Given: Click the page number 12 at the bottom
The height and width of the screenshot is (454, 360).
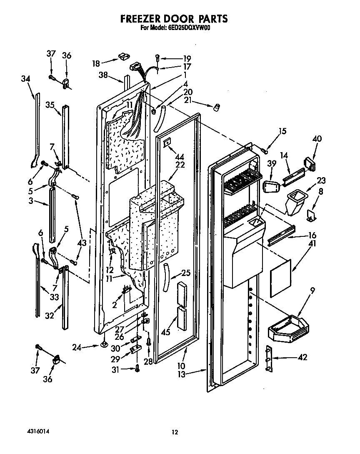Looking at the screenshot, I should [175, 432].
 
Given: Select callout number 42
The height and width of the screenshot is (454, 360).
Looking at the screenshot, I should [302, 357].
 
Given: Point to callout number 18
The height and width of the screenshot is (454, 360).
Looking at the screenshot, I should [96, 63].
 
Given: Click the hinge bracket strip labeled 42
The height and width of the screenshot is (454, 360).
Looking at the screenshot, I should [269, 359].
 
